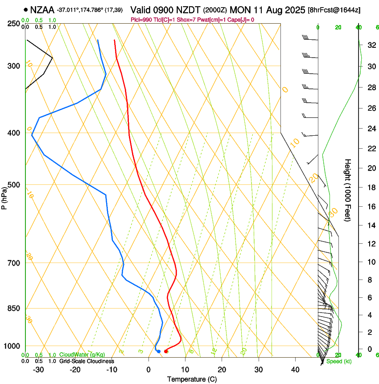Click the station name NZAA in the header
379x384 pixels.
(x=43, y=9)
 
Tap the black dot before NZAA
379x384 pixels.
(x=26, y=9)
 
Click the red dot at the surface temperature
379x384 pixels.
(x=166, y=351)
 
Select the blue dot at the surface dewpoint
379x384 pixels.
(x=159, y=351)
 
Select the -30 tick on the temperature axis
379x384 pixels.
(x=38, y=370)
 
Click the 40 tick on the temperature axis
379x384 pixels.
(x=295, y=370)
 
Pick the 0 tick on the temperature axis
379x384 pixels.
(x=148, y=370)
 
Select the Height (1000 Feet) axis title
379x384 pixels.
(x=348, y=190)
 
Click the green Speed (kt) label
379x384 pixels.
(x=339, y=361)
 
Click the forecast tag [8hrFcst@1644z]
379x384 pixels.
(x=334, y=9)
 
